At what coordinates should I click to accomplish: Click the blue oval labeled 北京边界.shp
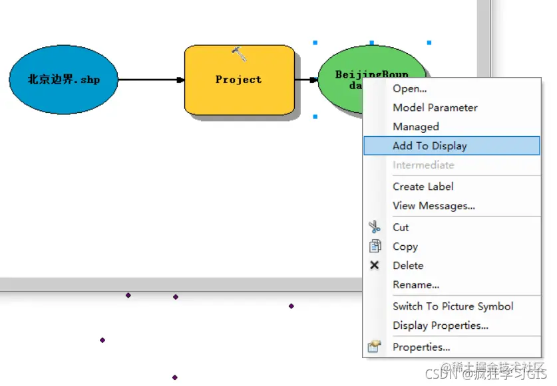tap(63, 80)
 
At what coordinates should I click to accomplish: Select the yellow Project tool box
tap(239, 80)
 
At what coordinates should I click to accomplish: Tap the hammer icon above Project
tap(240, 54)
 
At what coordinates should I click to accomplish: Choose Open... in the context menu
tap(409, 88)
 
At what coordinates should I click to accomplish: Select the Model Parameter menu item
tap(435, 108)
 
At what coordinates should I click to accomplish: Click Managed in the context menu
tap(415, 127)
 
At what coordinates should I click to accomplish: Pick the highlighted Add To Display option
tap(429, 146)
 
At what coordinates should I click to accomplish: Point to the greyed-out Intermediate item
tap(423, 165)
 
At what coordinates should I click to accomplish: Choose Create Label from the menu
tap(423, 187)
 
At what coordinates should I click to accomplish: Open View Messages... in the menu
tap(433, 206)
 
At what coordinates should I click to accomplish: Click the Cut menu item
tap(401, 227)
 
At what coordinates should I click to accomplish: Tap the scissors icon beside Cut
tap(375, 227)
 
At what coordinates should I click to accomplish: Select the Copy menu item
tap(405, 246)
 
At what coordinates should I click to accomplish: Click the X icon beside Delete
tap(375, 266)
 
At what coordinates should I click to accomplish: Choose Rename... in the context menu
tap(415, 285)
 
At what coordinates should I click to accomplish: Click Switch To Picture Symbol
tap(453, 306)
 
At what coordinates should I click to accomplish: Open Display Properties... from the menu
tap(440, 326)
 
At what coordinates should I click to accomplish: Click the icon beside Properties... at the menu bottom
tap(375, 347)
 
